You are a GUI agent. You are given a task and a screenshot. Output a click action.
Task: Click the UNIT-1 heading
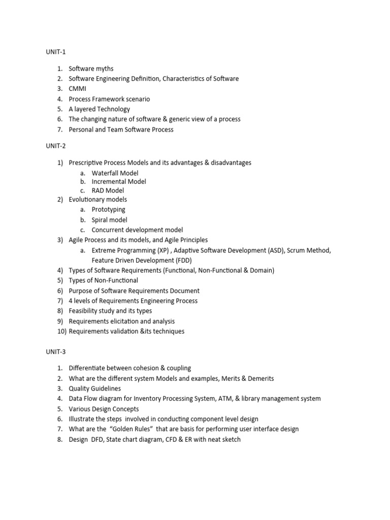tap(56, 52)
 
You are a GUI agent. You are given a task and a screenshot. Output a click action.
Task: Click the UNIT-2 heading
tap(56, 146)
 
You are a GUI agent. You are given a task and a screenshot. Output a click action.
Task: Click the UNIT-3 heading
tap(56, 351)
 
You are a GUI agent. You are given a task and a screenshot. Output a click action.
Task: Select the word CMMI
tap(78, 89)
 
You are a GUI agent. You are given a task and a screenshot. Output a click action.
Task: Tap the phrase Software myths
tap(91, 69)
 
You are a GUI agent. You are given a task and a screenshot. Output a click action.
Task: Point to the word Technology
tap(113, 109)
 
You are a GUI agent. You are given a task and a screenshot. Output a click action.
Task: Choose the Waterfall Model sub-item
tap(115, 173)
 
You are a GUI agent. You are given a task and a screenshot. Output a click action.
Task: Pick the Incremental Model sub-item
tap(119, 181)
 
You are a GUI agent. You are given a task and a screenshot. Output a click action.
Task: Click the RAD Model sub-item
tap(108, 190)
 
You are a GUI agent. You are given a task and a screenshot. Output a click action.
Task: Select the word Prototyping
tap(108, 210)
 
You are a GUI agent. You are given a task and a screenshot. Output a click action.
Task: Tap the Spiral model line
tap(109, 220)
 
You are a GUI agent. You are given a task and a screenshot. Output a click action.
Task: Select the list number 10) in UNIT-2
tap(61, 331)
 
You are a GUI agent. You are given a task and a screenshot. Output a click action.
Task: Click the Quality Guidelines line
tap(95, 388)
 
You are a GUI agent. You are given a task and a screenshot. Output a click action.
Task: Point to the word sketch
tap(230, 439)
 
